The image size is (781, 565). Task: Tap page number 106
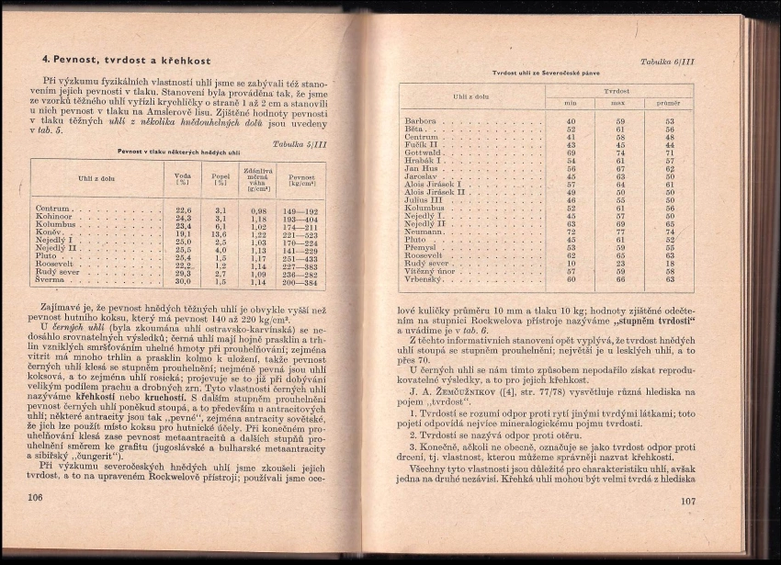[x=37, y=497]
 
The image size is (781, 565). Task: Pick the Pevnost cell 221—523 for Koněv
[x=300, y=234]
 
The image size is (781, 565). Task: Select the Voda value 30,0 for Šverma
[x=183, y=282]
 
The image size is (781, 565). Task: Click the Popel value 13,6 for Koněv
[x=220, y=234]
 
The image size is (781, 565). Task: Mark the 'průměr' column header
[x=669, y=104]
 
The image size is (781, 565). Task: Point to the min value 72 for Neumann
[x=571, y=232]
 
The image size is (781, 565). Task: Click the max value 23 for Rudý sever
[x=620, y=263]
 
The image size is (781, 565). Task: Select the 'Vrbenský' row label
[x=424, y=278]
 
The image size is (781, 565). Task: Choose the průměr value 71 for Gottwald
[x=669, y=153]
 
